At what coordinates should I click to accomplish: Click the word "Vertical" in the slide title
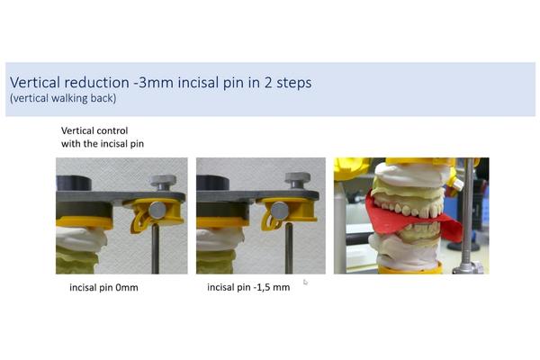pyautogui.click(x=35, y=82)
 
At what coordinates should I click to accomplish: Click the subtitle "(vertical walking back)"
pyautogui.click(x=63, y=98)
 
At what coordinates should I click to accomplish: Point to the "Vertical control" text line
pyautogui.click(x=94, y=130)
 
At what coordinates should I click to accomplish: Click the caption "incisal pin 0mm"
pyautogui.click(x=103, y=287)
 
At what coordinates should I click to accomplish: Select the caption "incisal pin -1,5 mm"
pyautogui.click(x=248, y=287)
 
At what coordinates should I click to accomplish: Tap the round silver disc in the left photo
pyautogui.click(x=157, y=210)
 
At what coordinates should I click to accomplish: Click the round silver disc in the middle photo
pyautogui.click(x=280, y=211)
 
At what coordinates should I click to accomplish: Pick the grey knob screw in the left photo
pyautogui.click(x=163, y=182)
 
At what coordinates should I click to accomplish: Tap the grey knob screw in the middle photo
pyautogui.click(x=298, y=181)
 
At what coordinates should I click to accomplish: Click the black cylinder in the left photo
pyautogui.click(x=74, y=184)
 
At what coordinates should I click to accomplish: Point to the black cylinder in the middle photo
pyautogui.click(x=212, y=183)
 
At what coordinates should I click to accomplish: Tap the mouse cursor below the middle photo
pyautogui.click(x=305, y=283)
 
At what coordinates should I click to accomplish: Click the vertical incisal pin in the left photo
pyautogui.click(x=156, y=248)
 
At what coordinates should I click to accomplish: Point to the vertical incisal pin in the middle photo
pyautogui.click(x=289, y=248)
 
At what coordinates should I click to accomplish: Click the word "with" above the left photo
pyautogui.click(x=70, y=143)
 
